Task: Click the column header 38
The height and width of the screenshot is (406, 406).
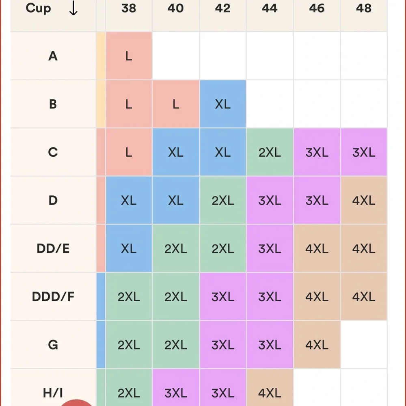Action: click(x=129, y=9)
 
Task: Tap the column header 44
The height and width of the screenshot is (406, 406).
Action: click(x=270, y=9)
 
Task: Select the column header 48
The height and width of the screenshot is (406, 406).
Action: click(x=364, y=9)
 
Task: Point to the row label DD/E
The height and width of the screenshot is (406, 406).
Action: click(x=53, y=248)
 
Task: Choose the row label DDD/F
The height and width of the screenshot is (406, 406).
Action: click(x=53, y=297)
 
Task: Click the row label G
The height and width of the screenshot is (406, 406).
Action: click(x=53, y=345)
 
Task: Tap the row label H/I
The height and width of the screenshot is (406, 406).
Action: click(x=53, y=393)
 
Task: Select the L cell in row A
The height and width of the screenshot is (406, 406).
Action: click(x=129, y=56)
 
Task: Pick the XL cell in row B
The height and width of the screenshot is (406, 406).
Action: click(x=222, y=104)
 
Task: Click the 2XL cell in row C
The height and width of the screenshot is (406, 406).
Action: click(x=270, y=152)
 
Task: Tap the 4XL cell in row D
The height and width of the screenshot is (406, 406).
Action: click(x=364, y=201)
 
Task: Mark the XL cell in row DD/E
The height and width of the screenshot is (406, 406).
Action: click(x=129, y=248)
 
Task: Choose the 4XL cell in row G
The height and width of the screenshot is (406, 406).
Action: click(x=317, y=345)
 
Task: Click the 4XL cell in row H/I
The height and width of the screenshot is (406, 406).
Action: click(x=270, y=393)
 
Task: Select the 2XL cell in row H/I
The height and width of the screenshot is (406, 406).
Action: click(x=129, y=393)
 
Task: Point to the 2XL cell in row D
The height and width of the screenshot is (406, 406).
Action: click(x=222, y=201)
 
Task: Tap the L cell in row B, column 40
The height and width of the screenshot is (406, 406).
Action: click(x=176, y=104)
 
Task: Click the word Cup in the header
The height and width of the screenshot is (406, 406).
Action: click(x=38, y=9)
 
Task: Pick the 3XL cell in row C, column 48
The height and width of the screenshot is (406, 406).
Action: click(x=364, y=152)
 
